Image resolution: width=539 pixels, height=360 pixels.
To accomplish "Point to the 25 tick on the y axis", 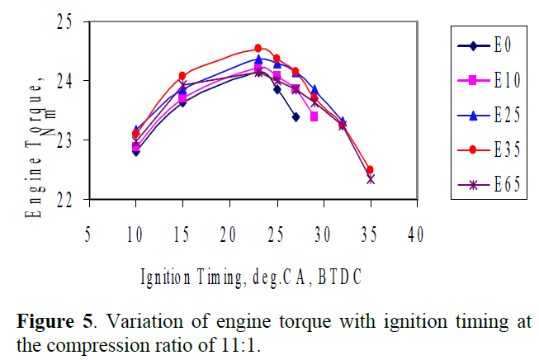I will (x=70, y=22).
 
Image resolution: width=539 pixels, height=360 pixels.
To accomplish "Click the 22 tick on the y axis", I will (x=70, y=200).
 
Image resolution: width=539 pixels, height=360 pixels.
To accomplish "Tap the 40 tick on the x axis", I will (x=417, y=235).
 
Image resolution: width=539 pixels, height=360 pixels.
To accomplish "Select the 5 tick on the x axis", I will (x=88, y=235).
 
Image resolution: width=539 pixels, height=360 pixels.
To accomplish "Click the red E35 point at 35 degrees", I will (x=370, y=170).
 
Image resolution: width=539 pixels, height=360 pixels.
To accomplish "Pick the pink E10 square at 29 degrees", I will (x=314, y=116).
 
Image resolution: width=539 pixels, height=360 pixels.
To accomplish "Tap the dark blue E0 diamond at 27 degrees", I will (x=296, y=117).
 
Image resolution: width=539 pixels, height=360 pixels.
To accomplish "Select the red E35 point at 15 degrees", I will (x=182, y=76).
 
